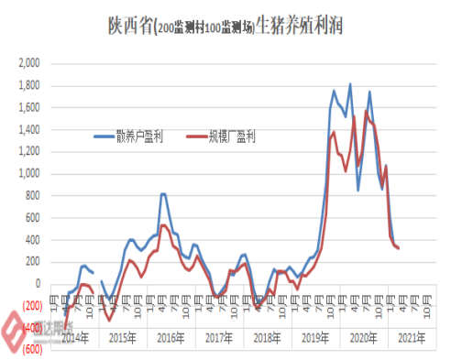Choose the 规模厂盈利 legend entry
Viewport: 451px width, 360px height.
237,136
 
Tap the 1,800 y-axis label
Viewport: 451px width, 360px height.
29,86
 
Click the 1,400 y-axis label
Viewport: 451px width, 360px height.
29,129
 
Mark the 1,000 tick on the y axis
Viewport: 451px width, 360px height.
29,173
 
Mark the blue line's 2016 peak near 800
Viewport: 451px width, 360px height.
162,194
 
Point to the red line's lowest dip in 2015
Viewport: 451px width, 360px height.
109,320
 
